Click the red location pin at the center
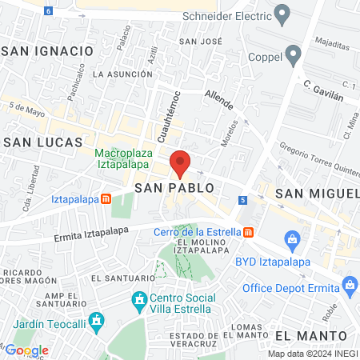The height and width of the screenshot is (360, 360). coord(180,162)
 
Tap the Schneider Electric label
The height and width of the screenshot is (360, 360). coord(228,14)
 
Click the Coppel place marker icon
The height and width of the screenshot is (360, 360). coord(293,55)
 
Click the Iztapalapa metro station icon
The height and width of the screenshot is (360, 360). coord(105,199)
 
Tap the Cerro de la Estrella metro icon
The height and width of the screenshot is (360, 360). coord(249,232)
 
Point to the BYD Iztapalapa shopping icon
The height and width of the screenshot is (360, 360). coord(293,238)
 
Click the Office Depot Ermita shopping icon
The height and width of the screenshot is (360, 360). coord(349,283)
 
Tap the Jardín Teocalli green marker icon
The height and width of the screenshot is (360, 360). coord(96,322)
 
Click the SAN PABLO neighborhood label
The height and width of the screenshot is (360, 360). coord(174,187)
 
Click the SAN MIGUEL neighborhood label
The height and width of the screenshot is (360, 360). coord(317,194)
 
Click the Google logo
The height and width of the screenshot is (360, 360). coord(26,350)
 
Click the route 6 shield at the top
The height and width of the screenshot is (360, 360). coord(49,11)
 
